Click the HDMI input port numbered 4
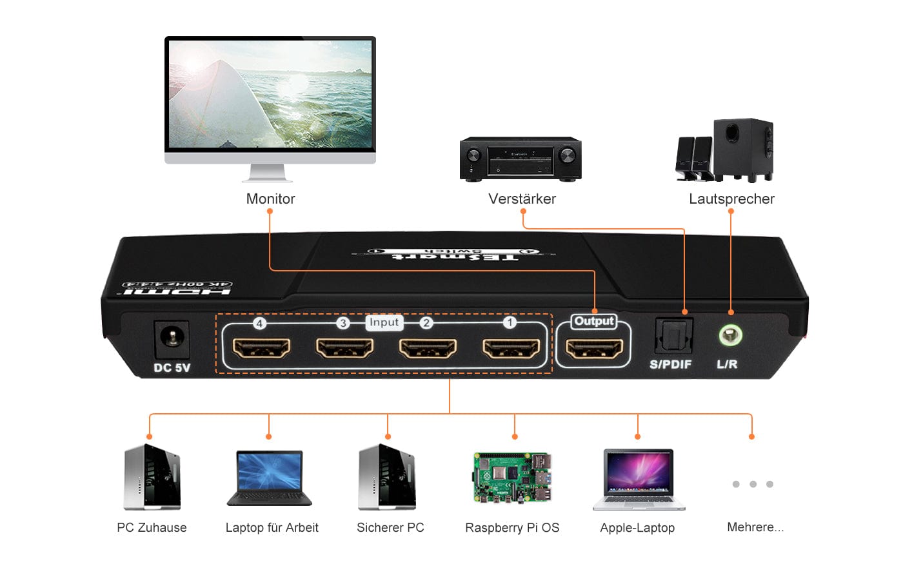click(261, 348)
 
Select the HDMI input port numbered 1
click(511, 348)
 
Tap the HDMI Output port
click(594, 349)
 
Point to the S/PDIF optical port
click(673, 336)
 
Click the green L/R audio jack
click(730, 335)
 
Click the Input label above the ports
click(384, 322)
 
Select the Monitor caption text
click(270, 199)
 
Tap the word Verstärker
click(522, 199)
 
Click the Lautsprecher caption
click(731, 199)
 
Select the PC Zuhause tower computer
click(152, 477)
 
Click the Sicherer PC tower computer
click(387, 477)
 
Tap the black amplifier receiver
click(521, 159)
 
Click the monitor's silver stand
click(267, 173)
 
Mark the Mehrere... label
click(755, 527)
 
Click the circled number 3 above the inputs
click(343, 323)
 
